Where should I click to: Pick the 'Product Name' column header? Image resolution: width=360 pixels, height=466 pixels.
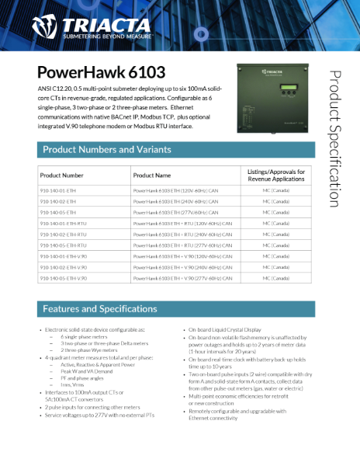151,176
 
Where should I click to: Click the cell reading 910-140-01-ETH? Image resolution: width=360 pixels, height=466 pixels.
58,190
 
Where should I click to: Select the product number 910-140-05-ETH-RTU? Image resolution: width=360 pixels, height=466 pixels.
64,245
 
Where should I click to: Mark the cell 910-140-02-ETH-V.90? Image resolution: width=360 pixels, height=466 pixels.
64,266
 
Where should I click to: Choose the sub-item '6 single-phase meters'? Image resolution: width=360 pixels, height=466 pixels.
84,337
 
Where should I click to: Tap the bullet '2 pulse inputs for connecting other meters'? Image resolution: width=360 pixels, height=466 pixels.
91,405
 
